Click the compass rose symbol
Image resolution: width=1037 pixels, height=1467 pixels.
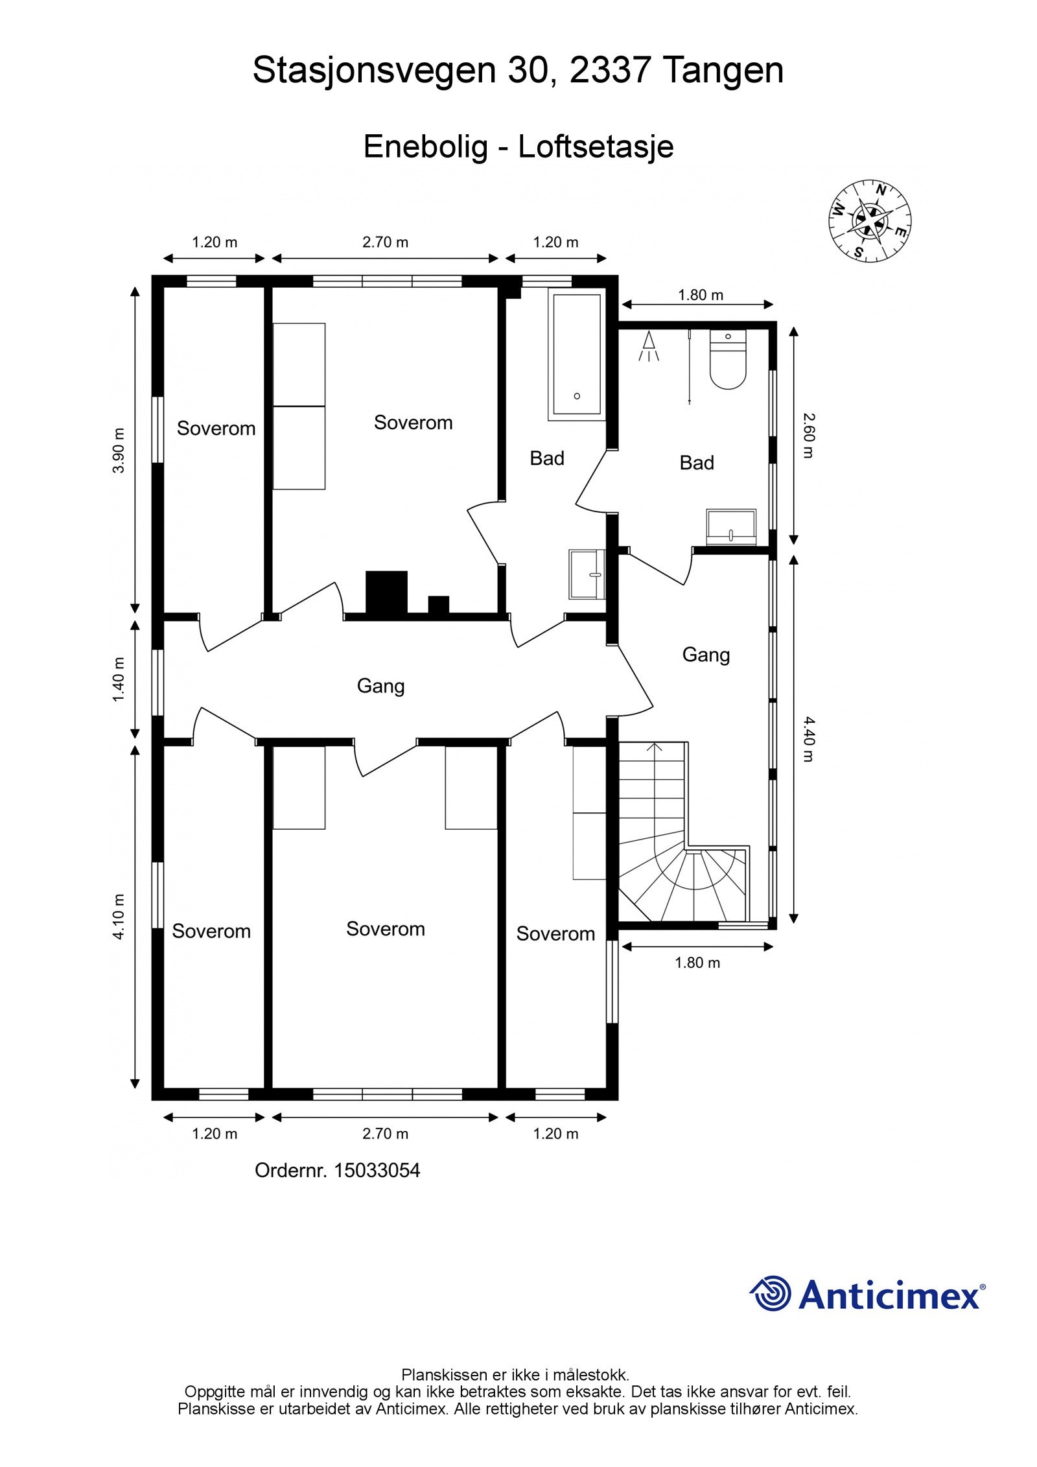point(870,221)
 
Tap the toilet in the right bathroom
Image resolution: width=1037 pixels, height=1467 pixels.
point(728,359)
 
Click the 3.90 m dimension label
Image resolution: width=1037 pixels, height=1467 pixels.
point(118,451)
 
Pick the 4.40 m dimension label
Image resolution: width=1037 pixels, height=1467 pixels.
point(808,738)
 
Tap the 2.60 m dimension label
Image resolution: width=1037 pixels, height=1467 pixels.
point(808,436)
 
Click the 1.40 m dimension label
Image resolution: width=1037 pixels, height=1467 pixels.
point(118,679)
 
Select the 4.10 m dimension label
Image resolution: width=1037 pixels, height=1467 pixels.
point(118,916)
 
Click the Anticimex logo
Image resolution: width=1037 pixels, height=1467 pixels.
point(868,1294)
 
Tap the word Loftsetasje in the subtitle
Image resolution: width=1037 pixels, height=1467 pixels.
point(596,147)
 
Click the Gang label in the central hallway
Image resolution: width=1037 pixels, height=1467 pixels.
point(381,687)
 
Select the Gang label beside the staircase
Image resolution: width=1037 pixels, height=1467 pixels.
point(706,655)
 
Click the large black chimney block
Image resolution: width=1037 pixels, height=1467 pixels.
point(387,593)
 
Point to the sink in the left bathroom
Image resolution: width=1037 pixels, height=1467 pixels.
point(587,574)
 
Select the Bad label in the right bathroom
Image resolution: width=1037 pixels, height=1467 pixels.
point(697,463)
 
